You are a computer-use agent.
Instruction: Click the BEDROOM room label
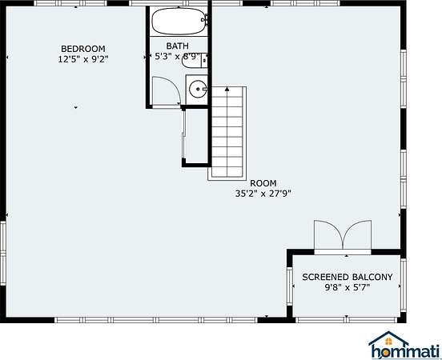tap(83, 49)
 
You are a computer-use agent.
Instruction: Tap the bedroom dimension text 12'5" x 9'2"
tap(83, 59)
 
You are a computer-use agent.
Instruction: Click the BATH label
tap(178, 46)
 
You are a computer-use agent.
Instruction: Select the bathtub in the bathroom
tap(179, 21)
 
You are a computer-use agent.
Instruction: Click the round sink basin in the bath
tap(198, 89)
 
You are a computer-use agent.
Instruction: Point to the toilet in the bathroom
tap(195, 60)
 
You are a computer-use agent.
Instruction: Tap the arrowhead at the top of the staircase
tap(227, 89)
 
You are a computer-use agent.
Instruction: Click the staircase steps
tap(227, 132)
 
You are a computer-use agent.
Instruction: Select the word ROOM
tap(263, 183)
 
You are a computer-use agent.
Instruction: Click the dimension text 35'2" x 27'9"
tap(263, 194)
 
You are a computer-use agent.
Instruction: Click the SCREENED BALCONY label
tap(348, 277)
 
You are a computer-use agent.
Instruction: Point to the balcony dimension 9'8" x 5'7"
tap(348, 287)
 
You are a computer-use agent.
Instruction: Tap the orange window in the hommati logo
tap(388, 342)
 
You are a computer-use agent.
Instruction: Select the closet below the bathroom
tap(196, 136)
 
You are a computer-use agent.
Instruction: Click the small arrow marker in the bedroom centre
tap(75, 107)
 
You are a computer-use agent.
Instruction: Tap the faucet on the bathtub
tap(205, 20)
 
